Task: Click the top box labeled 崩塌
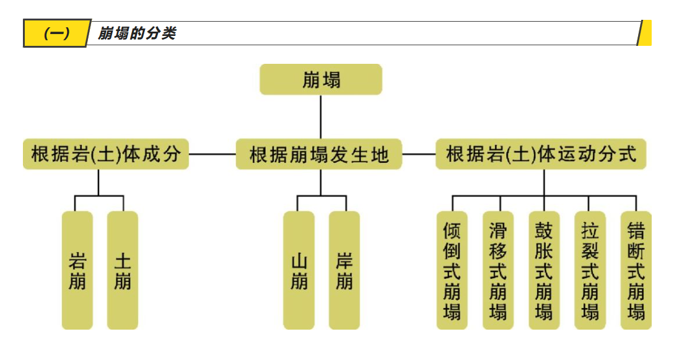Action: click(320, 80)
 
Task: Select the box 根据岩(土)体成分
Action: click(106, 154)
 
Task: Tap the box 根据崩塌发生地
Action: click(320, 154)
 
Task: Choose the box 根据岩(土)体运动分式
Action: click(541, 154)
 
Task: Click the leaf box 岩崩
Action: click(77, 270)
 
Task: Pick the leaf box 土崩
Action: click(123, 270)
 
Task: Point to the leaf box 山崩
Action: click(299, 270)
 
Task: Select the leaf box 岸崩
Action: click(344, 270)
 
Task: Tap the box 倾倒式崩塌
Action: click(452, 270)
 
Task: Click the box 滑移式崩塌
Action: click(498, 270)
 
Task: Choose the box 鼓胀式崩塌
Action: click(544, 270)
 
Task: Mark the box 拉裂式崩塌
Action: click(590, 270)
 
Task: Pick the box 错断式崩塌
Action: click(636, 270)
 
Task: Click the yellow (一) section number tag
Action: click(56, 33)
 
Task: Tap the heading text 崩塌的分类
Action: click(137, 33)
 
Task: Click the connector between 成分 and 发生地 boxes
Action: click(212, 154)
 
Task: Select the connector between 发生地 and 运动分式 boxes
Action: click(419, 154)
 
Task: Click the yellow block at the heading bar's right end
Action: click(645, 33)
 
